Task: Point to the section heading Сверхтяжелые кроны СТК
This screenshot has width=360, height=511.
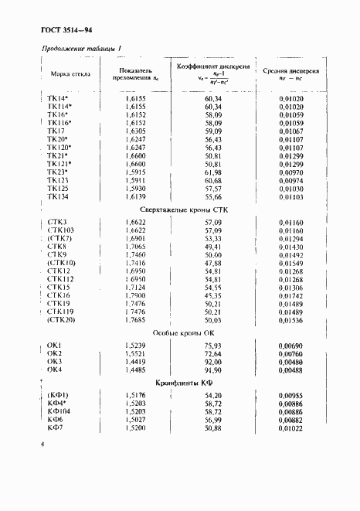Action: coord(178,210)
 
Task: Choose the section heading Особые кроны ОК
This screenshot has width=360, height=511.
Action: coord(179,332)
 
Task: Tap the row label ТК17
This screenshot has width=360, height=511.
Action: coord(58,131)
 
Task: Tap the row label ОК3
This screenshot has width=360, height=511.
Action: coord(54,361)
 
